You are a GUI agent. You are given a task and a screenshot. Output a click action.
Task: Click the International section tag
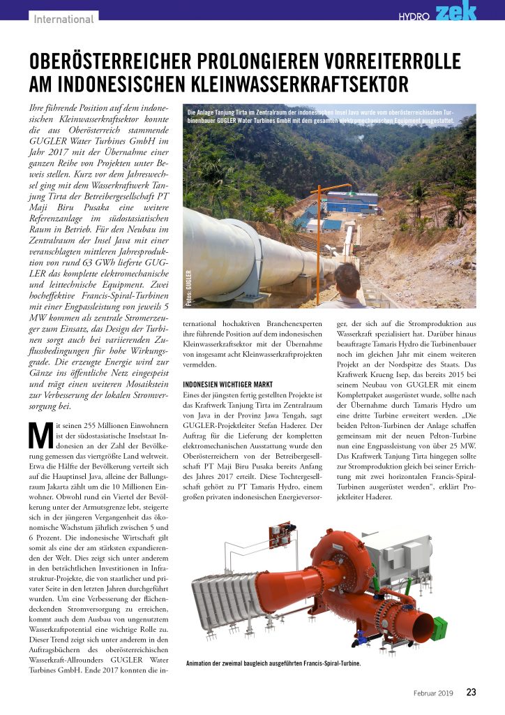point(63,19)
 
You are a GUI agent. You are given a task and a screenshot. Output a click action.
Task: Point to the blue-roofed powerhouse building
point(351,202)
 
